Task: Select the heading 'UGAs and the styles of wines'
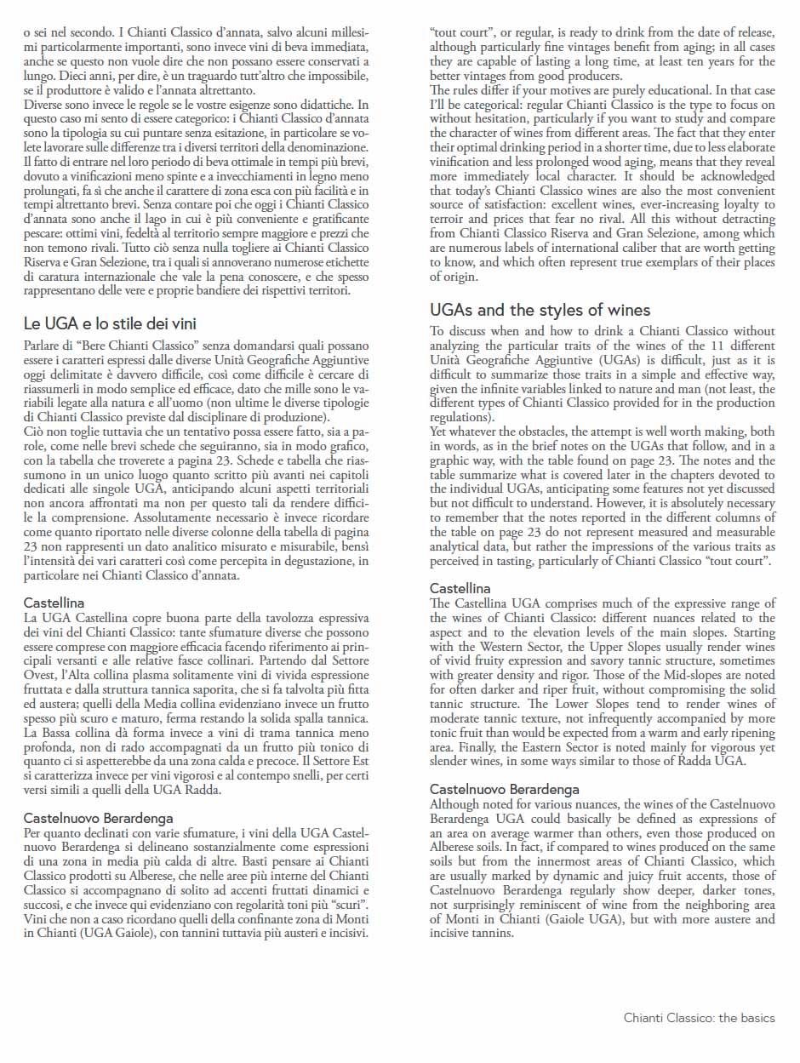[x=540, y=310]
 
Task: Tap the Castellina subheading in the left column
[x=54, y=603]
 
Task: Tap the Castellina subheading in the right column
[x=460, y=588]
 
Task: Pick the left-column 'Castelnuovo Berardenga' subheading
[x=98, y=819]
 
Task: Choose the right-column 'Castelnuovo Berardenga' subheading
[x=504, y=789]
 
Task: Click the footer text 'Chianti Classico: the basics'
[x=699, y=1018]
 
